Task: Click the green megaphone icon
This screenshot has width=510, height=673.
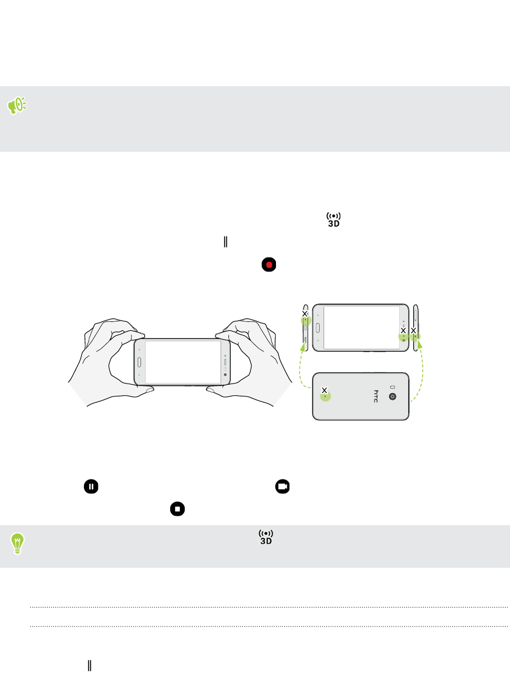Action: coord(17,105)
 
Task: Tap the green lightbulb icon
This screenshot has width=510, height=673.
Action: coord(17,543)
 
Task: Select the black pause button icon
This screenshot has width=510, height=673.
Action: coord(91,487)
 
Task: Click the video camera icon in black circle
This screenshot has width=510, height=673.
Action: coord(282,487)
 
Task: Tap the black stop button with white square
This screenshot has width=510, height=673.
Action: coord(177,509)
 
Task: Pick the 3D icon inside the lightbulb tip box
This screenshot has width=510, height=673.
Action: coord(266,537)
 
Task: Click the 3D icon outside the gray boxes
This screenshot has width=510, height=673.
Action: coord(334,220)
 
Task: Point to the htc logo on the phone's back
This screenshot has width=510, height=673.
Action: coord(376,396)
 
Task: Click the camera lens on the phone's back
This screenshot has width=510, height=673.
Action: coord(392,397)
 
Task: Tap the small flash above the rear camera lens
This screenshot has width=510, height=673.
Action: coord(392,387)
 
